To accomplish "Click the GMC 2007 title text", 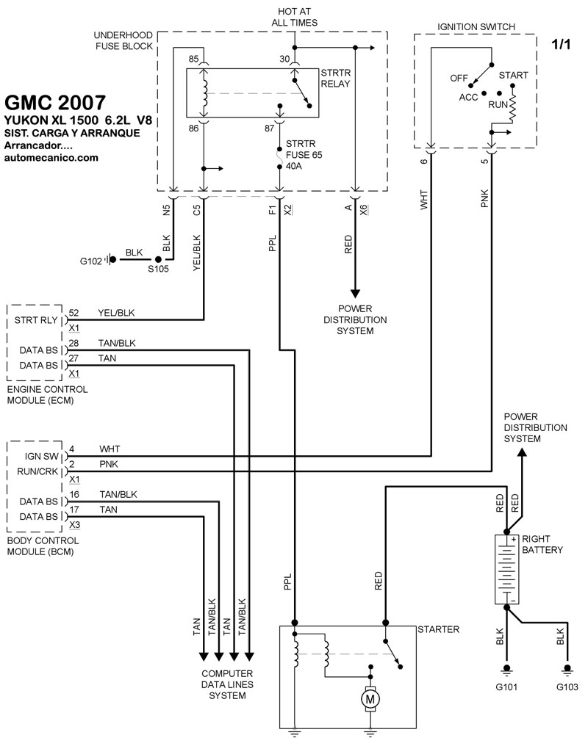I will click(54, 103).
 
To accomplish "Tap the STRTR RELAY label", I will click(335, 78).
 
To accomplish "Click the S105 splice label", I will click(159, 270).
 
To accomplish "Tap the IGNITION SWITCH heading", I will click(476, 27).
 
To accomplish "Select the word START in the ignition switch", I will click(513, 75).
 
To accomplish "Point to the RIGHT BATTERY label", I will click(542, 543).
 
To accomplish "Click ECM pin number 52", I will click(73, 313).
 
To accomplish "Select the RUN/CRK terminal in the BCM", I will click(35, 471).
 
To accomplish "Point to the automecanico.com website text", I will click(51, 157).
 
